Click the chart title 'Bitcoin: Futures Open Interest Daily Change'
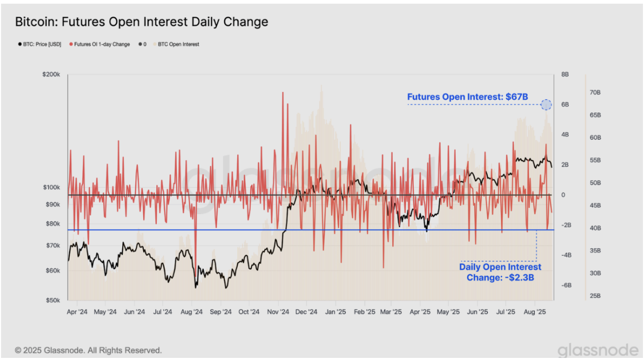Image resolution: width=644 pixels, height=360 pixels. coord(142,22)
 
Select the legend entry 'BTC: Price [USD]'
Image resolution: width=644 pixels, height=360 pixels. coord(39,44)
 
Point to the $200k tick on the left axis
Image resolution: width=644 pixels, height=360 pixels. coord(51,75)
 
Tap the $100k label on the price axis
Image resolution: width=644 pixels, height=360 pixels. coord(51,187)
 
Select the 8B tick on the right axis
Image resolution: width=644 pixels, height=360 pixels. coord(565,75)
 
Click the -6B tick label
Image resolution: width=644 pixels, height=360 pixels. coord(566,285)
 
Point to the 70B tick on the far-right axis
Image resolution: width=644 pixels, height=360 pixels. coord(595,92)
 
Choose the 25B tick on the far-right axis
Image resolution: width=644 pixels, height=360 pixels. coord(595,296)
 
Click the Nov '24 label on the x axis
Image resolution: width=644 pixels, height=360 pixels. coord(277,311)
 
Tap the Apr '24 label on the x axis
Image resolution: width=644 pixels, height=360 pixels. coord(77,311)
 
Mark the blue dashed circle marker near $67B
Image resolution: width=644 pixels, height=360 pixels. coord(546,104)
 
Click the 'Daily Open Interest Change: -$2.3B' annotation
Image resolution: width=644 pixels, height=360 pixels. coord(500,272)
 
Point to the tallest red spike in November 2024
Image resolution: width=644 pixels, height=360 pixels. coord(283,93)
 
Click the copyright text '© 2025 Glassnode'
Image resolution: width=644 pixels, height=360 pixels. coord(88,350)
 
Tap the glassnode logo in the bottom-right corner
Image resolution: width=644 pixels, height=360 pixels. coord(597,350)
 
